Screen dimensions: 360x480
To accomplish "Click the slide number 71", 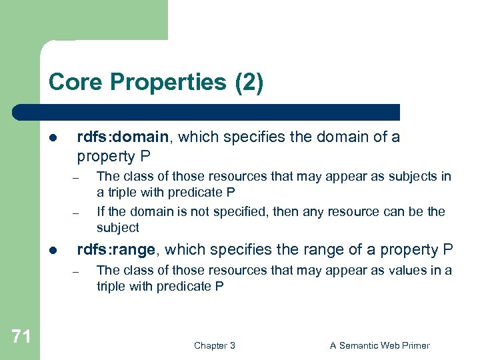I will pos(21,337).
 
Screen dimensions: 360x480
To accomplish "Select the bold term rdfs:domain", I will pos(123,137).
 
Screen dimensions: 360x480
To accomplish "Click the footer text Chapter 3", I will pos(214,345).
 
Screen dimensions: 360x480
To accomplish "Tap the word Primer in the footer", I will pos(413,345).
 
